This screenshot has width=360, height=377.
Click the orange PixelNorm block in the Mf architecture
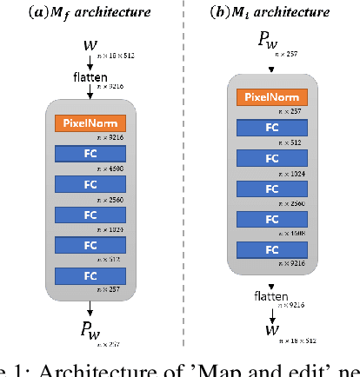tap(90, 123)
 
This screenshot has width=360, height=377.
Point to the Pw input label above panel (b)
tap(266, 40)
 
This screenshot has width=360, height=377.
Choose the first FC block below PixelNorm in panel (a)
tap(90, 154)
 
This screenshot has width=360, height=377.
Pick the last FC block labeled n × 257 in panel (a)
tap(90, 275)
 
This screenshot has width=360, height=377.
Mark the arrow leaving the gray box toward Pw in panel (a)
tap(90, 309)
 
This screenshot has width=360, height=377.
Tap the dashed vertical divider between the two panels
tap(182, 174)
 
